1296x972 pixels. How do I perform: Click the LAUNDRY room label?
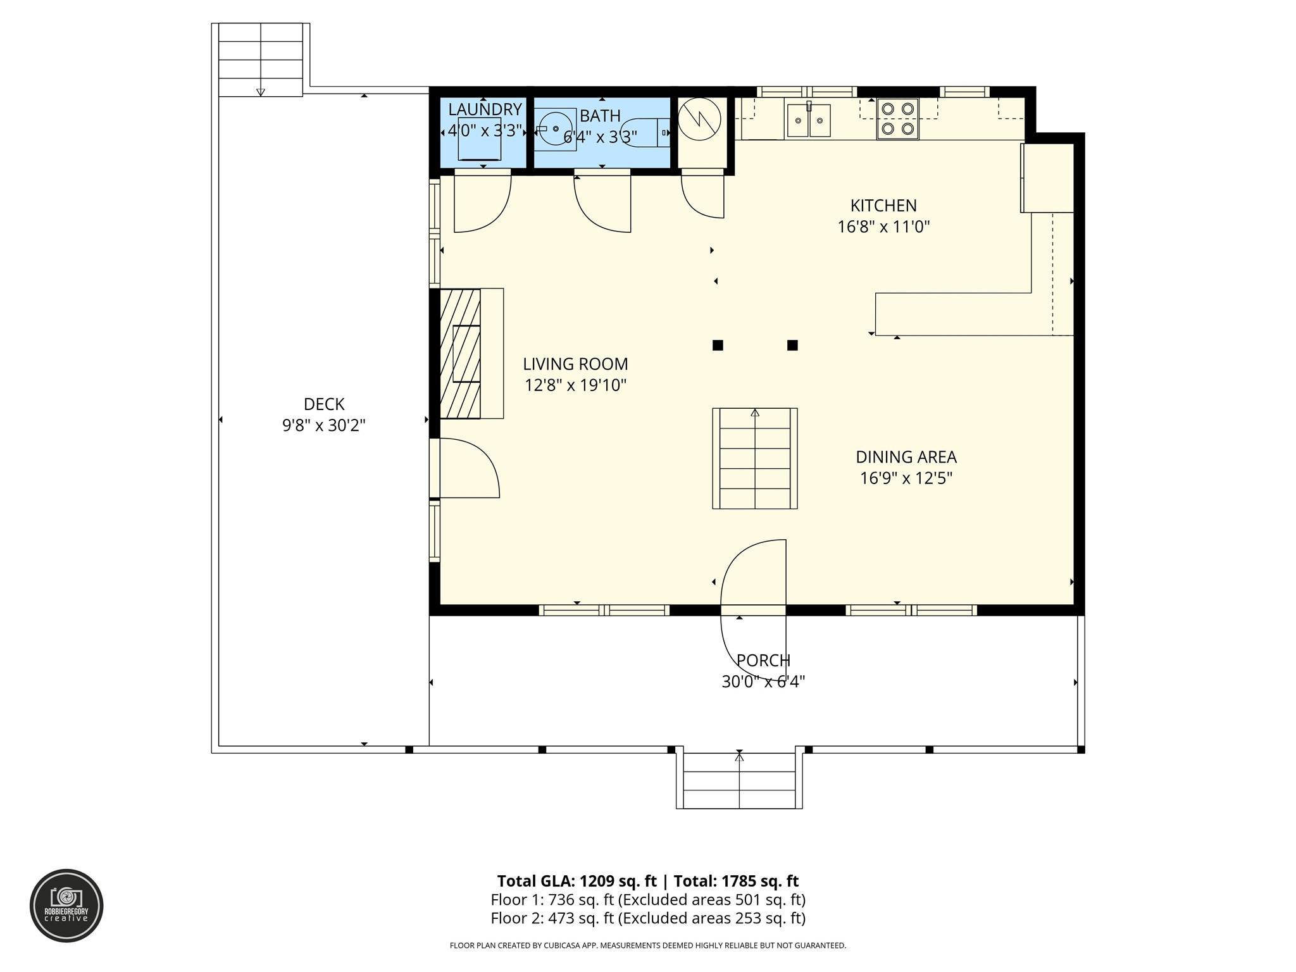coord(485,109)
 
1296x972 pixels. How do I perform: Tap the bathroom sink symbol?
coord(555,128)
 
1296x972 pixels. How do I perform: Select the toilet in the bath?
coord(645,132)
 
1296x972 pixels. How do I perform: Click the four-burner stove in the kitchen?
coord(897,119)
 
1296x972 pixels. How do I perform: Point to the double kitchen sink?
coord(808,121)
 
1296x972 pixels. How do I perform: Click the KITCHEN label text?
coord(883,206)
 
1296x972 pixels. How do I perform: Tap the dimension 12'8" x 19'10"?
coord(575,385)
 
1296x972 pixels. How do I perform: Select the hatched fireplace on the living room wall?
coord(460,353)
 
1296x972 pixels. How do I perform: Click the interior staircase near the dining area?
coord(755,459)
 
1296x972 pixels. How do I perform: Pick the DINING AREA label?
coord(906,457)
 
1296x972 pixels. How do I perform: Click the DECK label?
coord(324,404)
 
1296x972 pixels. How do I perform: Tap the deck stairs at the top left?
coord(261,60)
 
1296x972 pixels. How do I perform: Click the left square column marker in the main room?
coord(718,346)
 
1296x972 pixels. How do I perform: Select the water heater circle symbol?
coord(699,119)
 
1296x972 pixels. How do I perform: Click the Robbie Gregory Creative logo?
coord(66,906)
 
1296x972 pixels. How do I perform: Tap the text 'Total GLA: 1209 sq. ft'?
coord(576,881)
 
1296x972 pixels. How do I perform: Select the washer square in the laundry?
coord(480,139)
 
